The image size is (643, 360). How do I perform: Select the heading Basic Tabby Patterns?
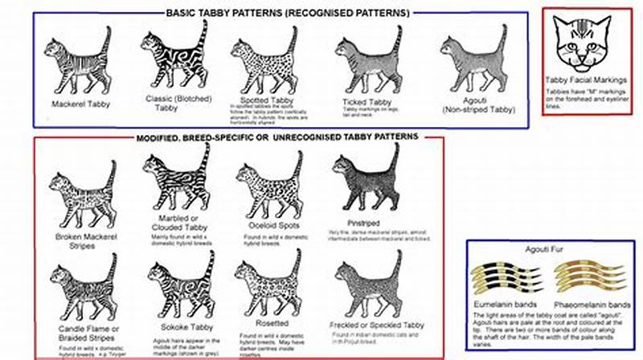(x=287, y=14)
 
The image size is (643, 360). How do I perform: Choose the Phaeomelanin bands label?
(x=591, y=306)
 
